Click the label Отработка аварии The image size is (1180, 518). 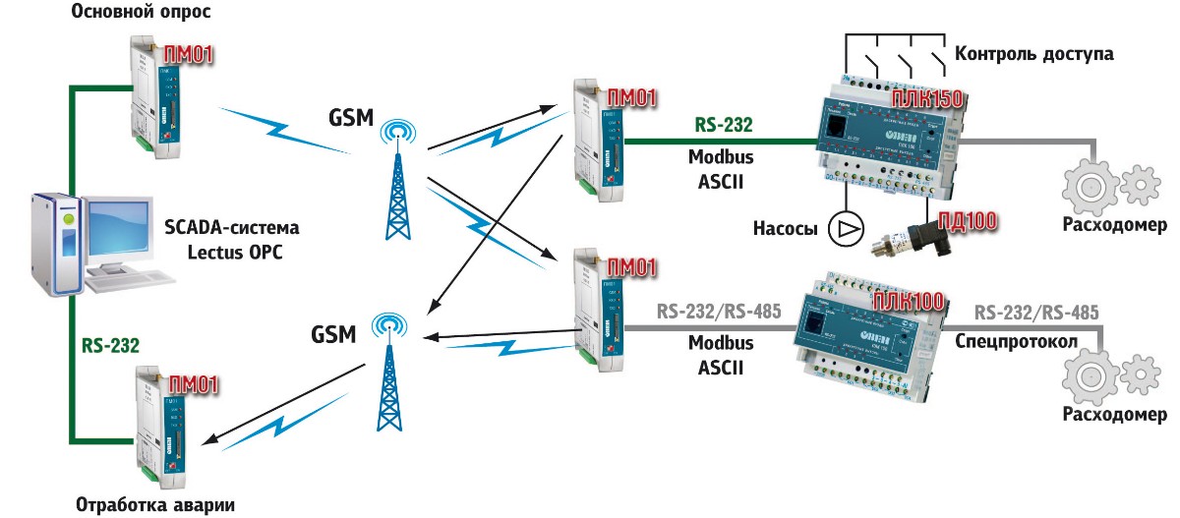click(x=156, y=505)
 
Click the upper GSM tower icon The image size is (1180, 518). click(x=396, y=182)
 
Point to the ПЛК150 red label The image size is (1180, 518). click(x=925, y=98)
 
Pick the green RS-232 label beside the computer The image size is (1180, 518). click(x=109, y=345)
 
